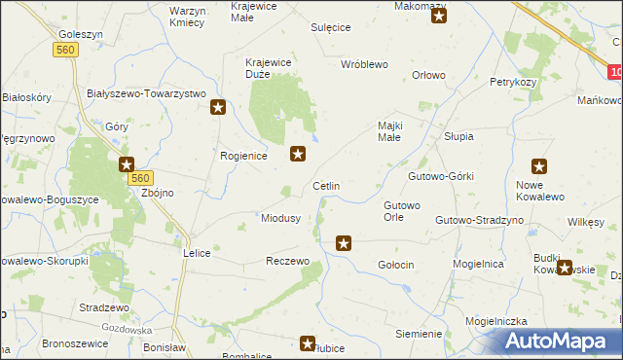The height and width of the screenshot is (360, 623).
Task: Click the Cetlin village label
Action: click(325, 185)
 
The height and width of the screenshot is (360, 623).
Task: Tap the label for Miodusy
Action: click(280, 218)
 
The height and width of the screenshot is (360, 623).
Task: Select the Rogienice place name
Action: click(244, 156)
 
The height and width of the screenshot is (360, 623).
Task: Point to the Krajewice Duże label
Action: click(270, 68)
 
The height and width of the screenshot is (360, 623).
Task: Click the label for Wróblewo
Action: click(364, 64)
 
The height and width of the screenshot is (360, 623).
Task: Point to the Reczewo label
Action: click(287, 262)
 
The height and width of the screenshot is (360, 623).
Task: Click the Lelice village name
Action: click(197, 252)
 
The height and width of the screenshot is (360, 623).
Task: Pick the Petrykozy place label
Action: click(513, 83)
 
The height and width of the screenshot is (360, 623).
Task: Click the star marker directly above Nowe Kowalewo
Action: click(539, 166)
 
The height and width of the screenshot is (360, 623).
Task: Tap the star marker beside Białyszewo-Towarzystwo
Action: click(219, 108)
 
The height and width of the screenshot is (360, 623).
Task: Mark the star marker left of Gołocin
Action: click(343, 242)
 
